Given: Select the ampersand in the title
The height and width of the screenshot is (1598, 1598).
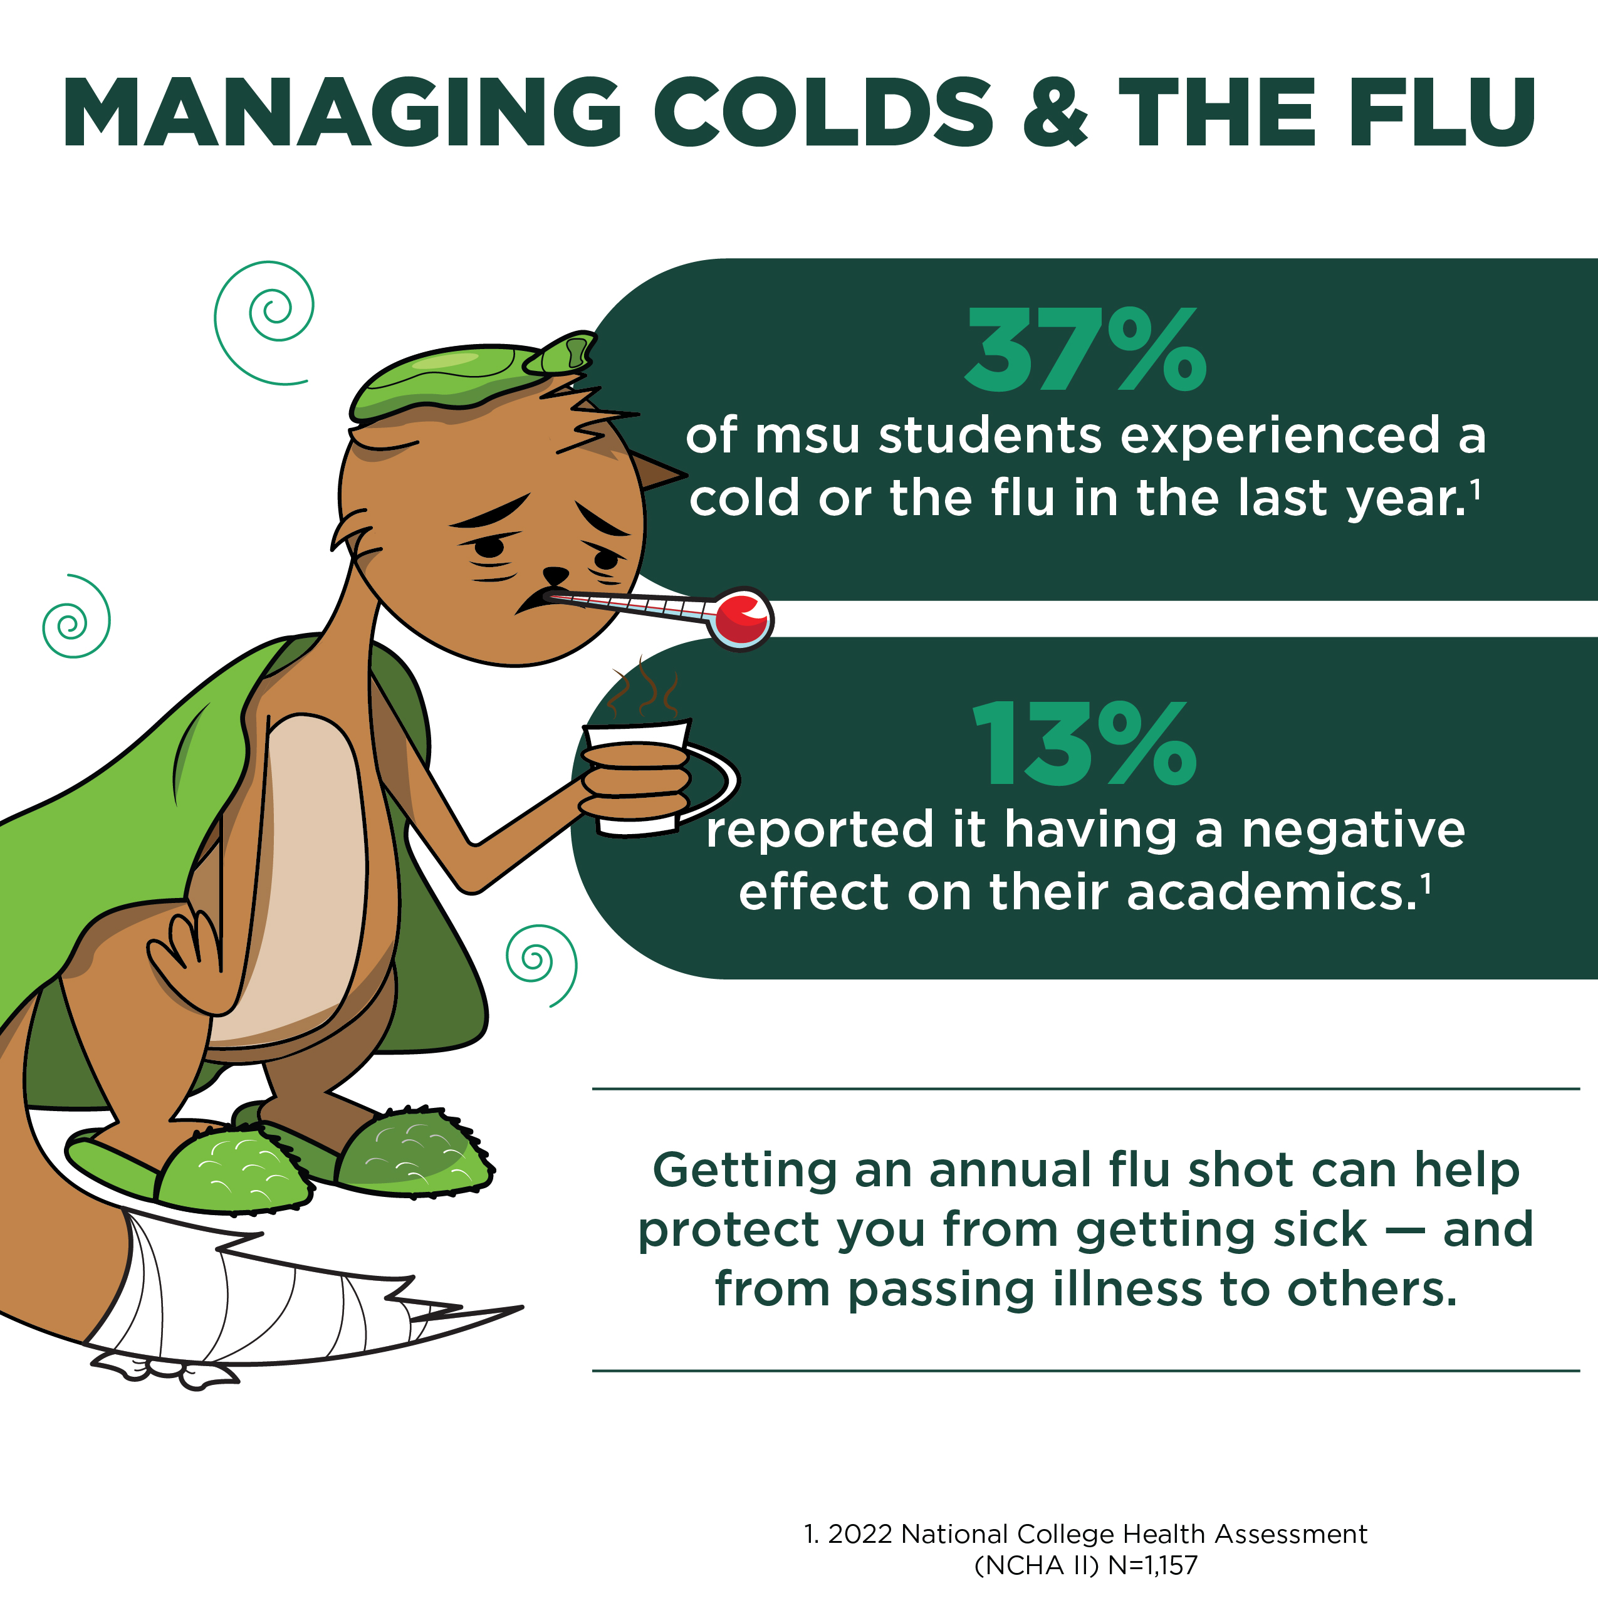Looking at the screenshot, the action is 1055,113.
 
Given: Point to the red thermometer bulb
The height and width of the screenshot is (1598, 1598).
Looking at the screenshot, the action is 741,619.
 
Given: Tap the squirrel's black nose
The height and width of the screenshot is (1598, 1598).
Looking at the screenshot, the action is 555,574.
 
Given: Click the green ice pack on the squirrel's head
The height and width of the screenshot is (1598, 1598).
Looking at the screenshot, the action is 471,377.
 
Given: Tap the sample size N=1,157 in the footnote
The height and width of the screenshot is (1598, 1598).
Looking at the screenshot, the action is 1153,1565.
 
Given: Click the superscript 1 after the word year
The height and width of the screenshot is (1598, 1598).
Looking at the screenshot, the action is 1475,491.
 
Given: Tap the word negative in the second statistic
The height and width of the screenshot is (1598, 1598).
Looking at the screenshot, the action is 1353,830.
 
